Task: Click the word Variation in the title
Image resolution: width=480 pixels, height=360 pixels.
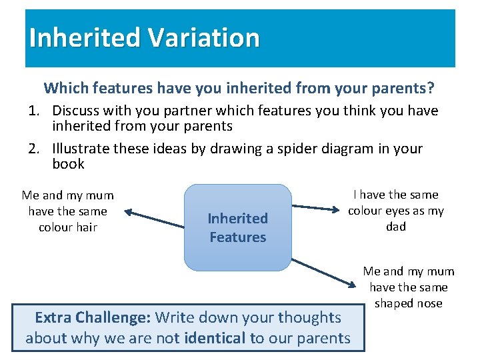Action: point(203,37)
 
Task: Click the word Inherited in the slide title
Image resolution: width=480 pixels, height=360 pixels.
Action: point(85,37)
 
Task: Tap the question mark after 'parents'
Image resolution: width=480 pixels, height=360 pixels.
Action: point(431,87)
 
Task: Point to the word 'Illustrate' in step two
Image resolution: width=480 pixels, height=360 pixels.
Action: point(83,148)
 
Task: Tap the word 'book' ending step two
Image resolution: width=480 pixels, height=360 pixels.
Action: point(68,164)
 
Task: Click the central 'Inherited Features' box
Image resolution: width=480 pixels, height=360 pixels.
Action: point(237,227)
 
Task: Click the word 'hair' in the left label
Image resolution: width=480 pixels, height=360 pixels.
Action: point(86,227)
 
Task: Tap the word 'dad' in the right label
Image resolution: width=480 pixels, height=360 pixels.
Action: point(396,227)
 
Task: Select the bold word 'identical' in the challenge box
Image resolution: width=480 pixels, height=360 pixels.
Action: point(215,338)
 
